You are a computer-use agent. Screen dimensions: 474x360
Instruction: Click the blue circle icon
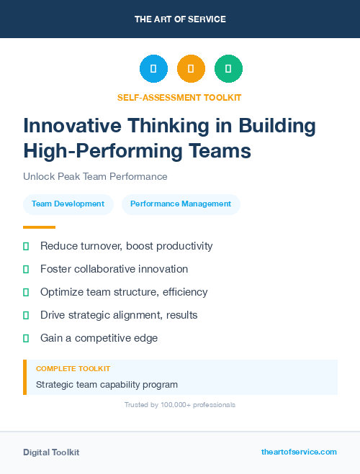[153, 69]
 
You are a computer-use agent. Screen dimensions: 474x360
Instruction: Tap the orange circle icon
[191, 69]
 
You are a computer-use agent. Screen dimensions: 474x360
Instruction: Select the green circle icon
[228, 69]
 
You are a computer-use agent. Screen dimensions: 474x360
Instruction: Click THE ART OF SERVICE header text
[180, 19]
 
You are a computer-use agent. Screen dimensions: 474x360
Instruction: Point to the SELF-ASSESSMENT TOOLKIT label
[179, 97]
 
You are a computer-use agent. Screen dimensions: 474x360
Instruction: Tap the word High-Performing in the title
[96, 151]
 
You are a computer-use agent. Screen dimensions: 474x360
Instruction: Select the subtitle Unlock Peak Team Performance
[95, 176]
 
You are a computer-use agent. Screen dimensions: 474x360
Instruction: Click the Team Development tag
[68, 204]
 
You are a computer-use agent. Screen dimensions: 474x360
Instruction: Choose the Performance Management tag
[181, 204]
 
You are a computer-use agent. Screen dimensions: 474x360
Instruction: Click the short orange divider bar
[39, 227]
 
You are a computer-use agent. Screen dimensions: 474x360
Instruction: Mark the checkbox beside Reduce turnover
[26, 246]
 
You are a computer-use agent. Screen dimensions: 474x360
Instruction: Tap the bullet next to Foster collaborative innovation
[26, 269]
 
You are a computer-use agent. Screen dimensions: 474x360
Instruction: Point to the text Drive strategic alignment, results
[119, 315]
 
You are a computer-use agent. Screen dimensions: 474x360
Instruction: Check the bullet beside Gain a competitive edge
[26, 338]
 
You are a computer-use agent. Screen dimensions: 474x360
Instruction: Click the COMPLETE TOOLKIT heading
[73, 368]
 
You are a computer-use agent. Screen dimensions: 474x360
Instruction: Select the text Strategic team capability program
[107, 384]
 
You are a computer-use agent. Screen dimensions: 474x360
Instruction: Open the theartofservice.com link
[299, 452]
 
